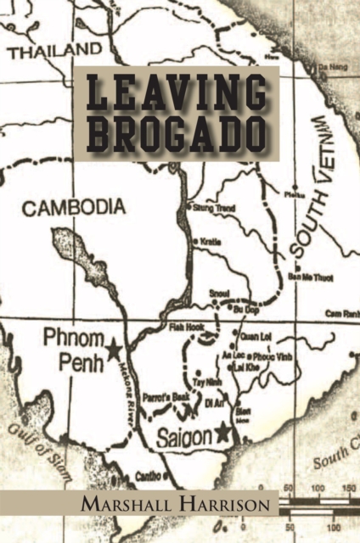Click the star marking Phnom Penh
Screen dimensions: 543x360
113,348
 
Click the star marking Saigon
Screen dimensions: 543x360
223,433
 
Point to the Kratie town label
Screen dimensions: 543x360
212,242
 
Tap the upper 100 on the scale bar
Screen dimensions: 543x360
318,490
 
